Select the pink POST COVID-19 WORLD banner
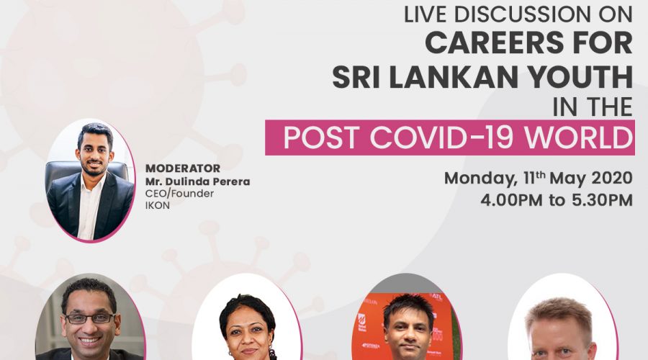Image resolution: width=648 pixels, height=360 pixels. click(x=449, y=138)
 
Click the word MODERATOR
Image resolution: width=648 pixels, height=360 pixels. click(x=183, y=168)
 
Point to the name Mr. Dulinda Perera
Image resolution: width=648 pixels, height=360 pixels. click(x=197, y=181)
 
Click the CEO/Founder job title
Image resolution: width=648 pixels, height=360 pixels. click(x=179, y=194)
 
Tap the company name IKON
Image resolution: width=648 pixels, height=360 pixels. click(x=158, y=205)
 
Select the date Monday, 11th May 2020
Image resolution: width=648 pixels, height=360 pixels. click(x=538, y=178)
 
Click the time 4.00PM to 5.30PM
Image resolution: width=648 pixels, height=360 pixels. click(x=557, y=200)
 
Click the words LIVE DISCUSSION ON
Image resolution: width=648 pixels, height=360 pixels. click(x=518, y=15)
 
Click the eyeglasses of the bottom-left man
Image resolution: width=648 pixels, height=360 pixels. click(x=90, y=319)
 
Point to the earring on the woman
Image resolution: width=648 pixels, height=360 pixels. click(x=272, y=354)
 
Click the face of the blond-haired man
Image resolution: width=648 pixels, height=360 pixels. click(x=561, y=340)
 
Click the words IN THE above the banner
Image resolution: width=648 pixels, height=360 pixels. click(x=593, y=107)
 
